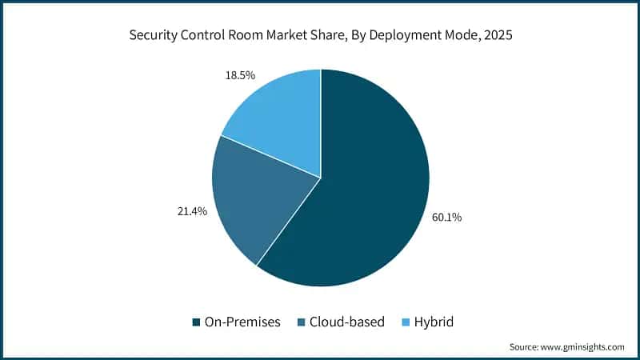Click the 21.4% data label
(193, 211)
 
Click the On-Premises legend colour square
(195, 322)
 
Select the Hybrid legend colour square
(405, 322)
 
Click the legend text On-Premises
(243, 322)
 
